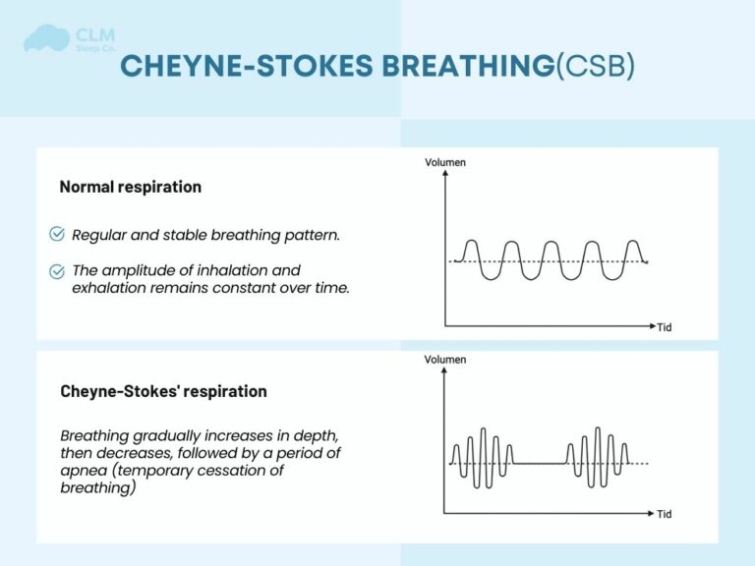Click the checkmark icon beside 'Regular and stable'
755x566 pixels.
(x=57, y=234)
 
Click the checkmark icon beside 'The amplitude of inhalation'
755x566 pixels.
(x=57, y=270)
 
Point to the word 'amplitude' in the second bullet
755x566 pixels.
(x=138, y=270)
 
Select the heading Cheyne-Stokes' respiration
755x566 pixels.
(x=162, y=391)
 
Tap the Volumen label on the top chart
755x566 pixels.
(x=445, y=161)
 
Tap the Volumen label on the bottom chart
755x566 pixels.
(x=445, y=360)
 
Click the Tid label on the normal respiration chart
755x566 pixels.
(x=665, y=327)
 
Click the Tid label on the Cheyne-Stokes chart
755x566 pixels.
(x=665, y=514)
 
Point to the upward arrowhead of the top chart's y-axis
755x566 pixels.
(x=445, y=174)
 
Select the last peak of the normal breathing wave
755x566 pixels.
(x=633, y=242)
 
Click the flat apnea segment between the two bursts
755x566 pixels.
(x=540, y=463)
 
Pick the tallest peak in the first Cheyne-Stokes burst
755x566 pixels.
(x=484, y=430)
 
